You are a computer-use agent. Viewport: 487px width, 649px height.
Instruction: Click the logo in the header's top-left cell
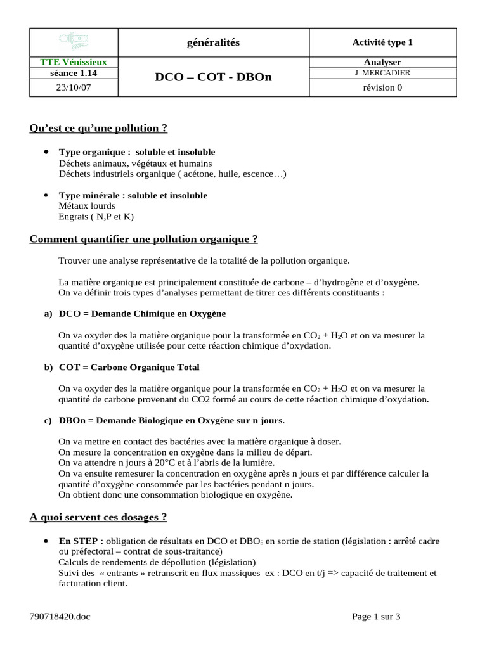click(74, 42)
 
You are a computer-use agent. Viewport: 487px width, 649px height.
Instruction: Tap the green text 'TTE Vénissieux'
click(74, 62)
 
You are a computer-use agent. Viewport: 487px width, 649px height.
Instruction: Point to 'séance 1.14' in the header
click(74, 73)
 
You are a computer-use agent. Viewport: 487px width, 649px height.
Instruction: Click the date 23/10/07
click(74, 88)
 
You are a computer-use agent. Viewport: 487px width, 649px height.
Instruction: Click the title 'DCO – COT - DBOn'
click(212, 77)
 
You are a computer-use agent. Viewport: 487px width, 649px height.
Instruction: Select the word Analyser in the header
click(382, 62)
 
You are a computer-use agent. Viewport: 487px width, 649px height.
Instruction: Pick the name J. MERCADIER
click(382, 73)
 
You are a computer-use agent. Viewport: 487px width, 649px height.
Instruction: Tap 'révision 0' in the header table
click(382, 88)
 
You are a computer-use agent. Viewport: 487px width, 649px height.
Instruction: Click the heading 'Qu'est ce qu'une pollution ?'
click(98, 128)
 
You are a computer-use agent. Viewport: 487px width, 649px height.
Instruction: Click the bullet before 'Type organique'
click(46, 152)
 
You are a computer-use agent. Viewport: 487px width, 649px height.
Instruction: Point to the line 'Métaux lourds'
click(87, 206)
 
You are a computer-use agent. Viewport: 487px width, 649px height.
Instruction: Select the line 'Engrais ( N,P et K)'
click(96, 217)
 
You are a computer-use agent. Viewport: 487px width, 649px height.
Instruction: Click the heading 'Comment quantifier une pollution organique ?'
click(144, 239)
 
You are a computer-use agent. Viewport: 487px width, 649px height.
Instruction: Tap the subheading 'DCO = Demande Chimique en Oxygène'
click(142, 314)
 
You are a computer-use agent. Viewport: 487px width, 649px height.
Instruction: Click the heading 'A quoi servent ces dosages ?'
click(98, 517)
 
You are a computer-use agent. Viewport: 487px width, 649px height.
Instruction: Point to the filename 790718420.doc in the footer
click(60, 617)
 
